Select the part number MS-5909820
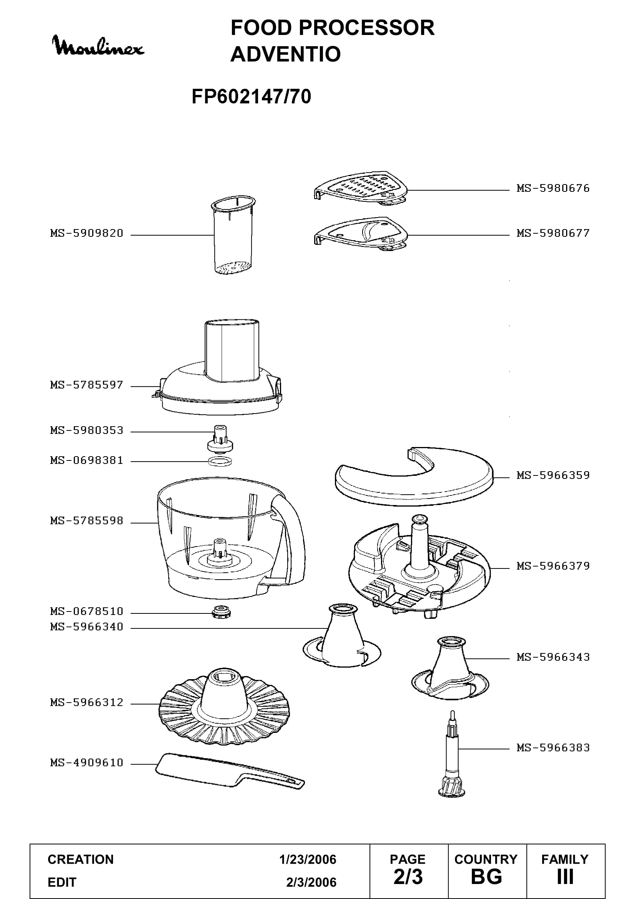[x=87, y=233]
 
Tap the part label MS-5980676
[x=553, y=188]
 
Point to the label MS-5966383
[x=553, y=748]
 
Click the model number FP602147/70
[x=251, y=96]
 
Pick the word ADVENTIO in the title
[x=285, y=54]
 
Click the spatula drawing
[x=230, y=771]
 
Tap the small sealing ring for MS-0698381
[x=220, y=461]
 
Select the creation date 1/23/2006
[x=308, y=860]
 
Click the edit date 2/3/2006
[x=311, y=882]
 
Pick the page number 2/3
[x=408, y=877]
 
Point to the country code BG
[x=486, y=877]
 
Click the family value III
[x=565, y=877]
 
